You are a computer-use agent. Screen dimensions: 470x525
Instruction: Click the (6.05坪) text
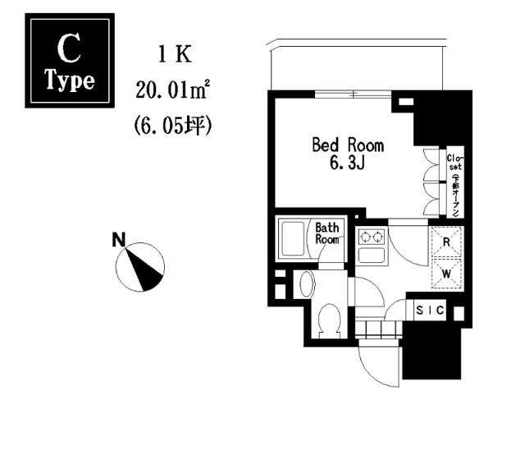172,126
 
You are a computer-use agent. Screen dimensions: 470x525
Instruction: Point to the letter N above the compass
120,241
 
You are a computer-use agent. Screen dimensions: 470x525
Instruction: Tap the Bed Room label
348,145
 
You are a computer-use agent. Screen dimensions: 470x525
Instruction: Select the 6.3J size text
348,164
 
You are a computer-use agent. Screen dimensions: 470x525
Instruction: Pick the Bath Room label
328,233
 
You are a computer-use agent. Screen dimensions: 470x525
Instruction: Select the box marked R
446,242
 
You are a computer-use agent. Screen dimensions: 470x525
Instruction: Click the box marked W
446,273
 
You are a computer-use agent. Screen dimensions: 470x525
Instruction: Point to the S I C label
430,310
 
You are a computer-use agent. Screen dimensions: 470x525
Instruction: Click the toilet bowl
329,320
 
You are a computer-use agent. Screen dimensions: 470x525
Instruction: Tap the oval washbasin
307,284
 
